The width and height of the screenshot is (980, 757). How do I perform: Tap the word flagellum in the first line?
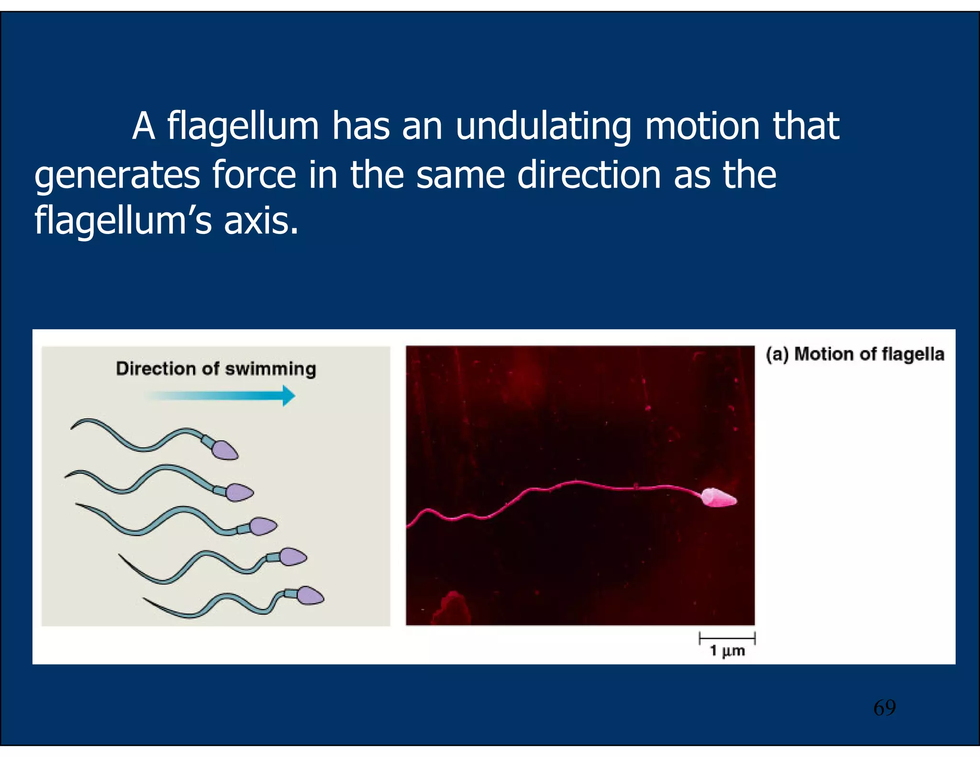(243, 127)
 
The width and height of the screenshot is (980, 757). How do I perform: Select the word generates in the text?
(117, 176)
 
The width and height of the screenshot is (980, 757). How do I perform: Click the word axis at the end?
(261, 221)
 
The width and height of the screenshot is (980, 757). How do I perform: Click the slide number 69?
(884, 708)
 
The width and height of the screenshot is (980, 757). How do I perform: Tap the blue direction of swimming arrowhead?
(289, 396)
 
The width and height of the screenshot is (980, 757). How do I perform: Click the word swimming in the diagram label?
(270, 369)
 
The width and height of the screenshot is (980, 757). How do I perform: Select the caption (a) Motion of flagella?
(855, 355)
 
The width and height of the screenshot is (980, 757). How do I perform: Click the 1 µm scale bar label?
(727, 651)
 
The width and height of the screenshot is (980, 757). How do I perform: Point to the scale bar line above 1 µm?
(727, 638)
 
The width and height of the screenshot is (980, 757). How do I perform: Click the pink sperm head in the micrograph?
(718, 498)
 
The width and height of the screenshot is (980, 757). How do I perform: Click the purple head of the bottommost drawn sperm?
(310, 596)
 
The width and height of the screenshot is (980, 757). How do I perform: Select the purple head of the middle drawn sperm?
(263, 526)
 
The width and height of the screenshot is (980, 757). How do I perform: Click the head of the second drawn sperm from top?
(239, 492)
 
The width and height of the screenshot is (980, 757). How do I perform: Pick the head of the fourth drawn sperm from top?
(292, 557)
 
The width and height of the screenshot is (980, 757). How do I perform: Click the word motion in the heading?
(702, 127)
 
